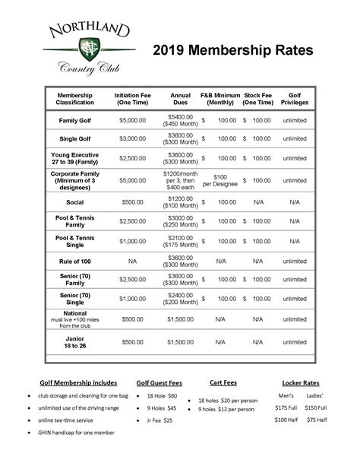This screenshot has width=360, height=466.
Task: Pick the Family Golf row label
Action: (x=75, y=120)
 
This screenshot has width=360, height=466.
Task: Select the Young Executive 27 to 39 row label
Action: (x=75, y=158)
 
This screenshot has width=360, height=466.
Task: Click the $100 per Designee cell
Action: (x=220, y=181)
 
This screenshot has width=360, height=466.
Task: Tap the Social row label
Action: (x=75, y=202)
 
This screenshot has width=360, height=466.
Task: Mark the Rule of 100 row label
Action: (x=75, y=261)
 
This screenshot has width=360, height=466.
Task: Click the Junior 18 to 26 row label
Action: (x=75, y=342)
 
